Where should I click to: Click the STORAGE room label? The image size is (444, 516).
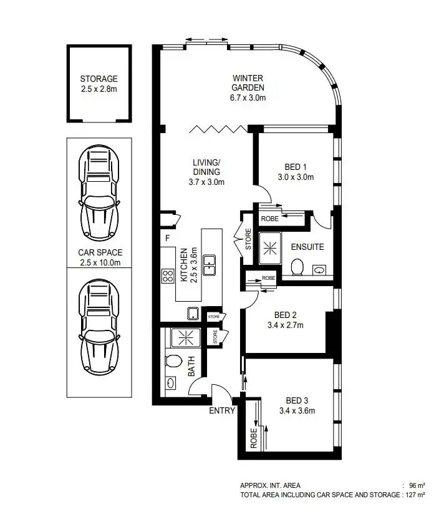(99, 79)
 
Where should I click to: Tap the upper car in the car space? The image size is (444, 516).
(99, 194)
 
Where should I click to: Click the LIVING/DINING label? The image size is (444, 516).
(206, 172)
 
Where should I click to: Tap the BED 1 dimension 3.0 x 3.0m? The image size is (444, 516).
(296, 177)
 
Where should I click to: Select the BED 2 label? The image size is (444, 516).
(286, 315)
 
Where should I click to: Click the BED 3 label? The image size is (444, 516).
(297, 400)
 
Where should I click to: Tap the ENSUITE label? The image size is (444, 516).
(307, 247)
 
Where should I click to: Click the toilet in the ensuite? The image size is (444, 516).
(297, 267)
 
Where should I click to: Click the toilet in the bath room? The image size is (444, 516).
(173, 361)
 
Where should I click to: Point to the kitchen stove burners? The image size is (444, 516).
(168, 275)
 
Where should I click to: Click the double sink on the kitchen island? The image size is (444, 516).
(210, 264)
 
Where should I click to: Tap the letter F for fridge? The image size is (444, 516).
(167, 238)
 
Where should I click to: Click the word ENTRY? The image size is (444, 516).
(222, 410)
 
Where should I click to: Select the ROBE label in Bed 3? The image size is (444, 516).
(253, 439)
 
